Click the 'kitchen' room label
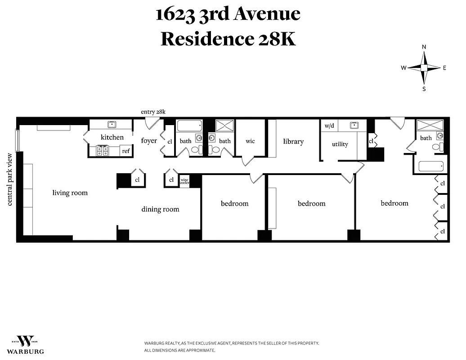(x=112, y=137)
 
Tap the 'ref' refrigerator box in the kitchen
(x=126, y=151)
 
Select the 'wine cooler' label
(x=184, y=181)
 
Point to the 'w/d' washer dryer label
(x=329, y=126)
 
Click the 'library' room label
(x=293, y=141)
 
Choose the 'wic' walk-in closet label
(x=250, y=141)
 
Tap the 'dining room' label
(x=160, y=209)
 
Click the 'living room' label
(x=70, y=193)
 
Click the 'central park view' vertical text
(x=10, y=179)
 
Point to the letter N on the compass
(x=424, y=47)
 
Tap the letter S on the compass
(x=424, y=89)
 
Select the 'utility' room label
(x=340, y=144)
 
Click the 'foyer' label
(x=149, y=141)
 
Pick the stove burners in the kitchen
(x=103, y=151)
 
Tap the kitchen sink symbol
(x=111, y=125)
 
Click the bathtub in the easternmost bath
(x=430, y=166)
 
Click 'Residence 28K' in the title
(x=228, y=39)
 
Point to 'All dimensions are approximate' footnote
(x=179, y=350)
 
